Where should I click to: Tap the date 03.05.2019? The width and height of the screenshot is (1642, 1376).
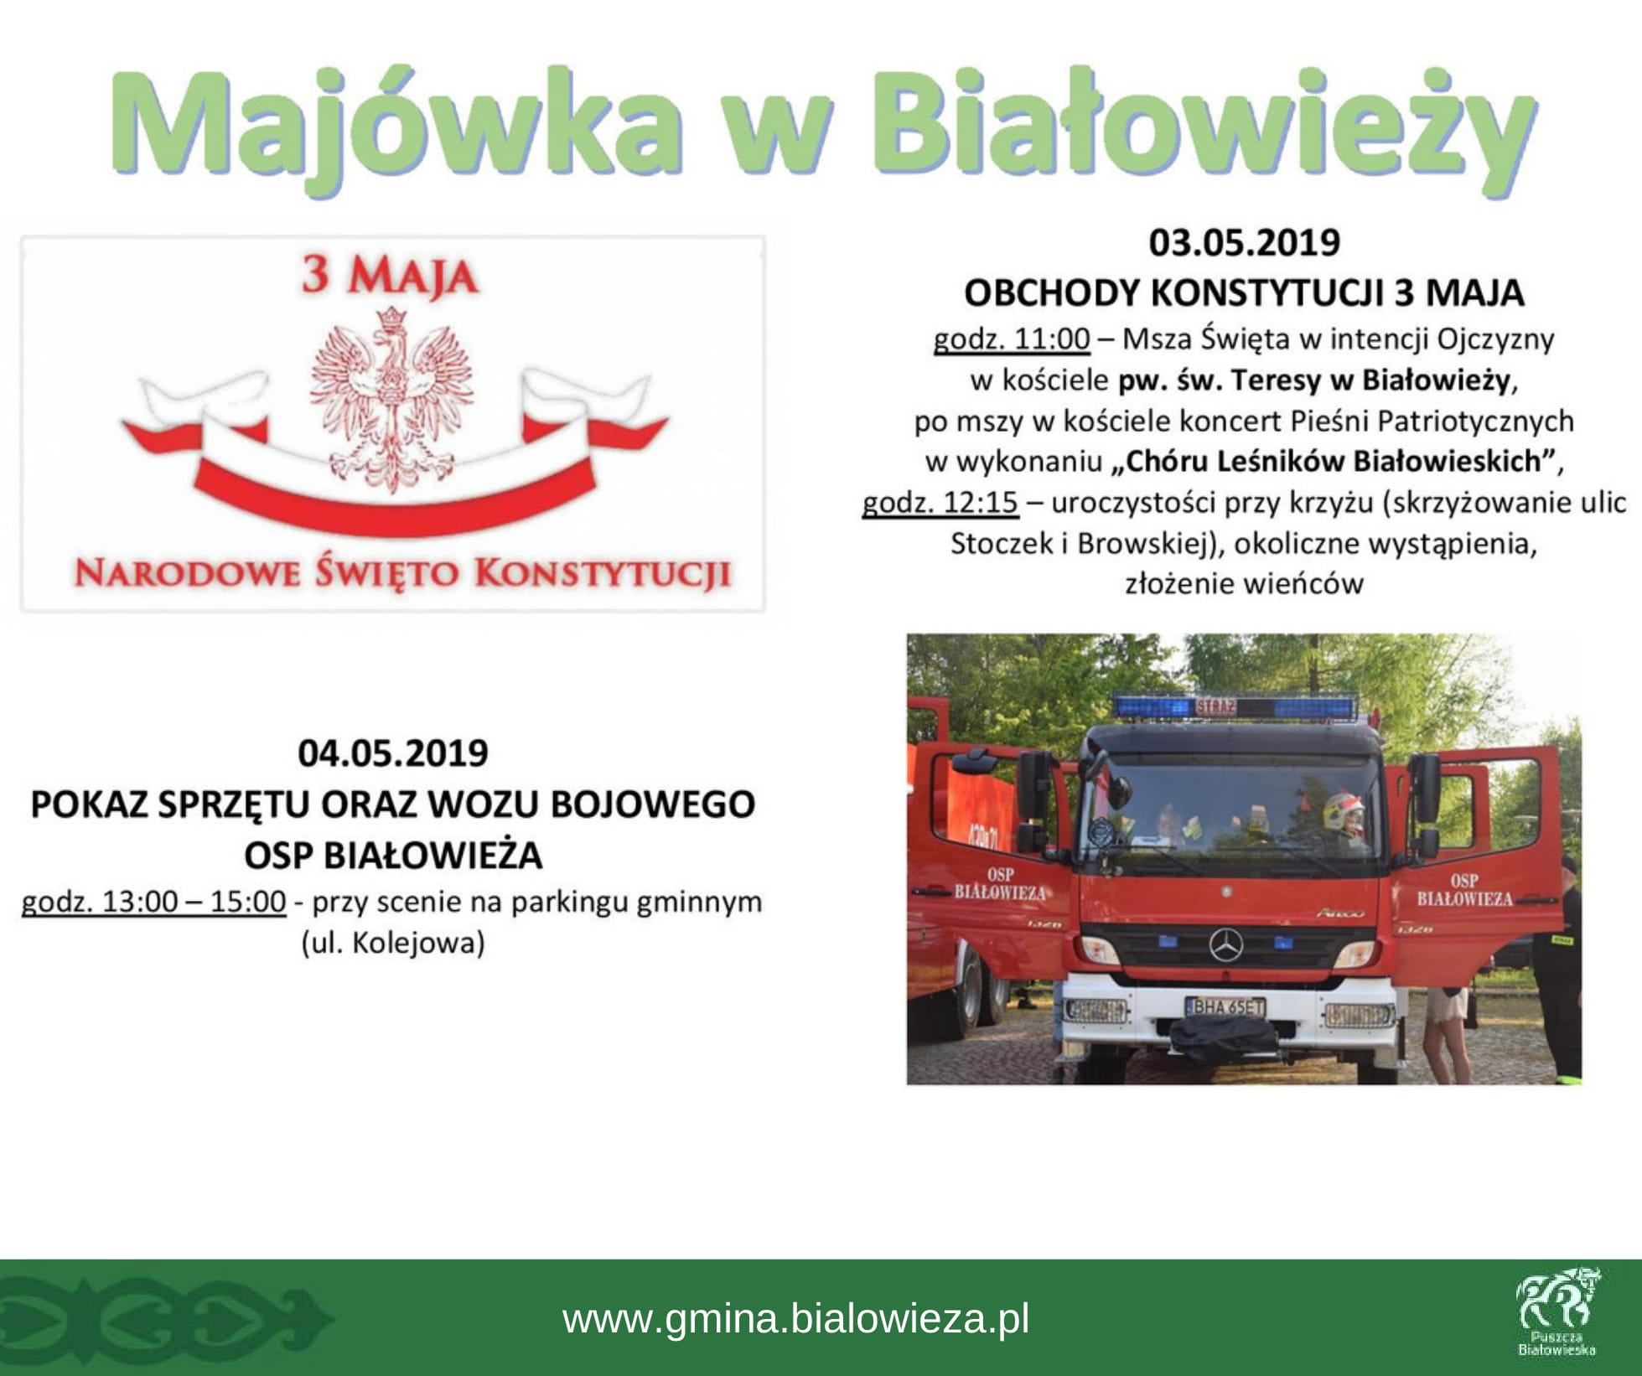point(1244,242)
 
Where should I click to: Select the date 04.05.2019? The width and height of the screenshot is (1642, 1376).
point(393,753)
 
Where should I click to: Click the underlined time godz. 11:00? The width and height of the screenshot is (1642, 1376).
point(1012,339)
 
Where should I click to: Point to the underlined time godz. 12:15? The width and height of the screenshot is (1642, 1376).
point(940,503)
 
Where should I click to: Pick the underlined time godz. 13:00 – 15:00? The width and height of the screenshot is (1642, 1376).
point(153,902)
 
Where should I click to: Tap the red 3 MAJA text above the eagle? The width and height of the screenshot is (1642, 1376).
point(390,276)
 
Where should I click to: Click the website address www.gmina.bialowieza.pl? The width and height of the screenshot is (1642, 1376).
point(795,1318)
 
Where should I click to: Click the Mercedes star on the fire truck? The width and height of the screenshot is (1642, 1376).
point(1226,945)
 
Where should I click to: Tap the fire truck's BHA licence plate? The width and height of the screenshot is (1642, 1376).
point(1225,1006)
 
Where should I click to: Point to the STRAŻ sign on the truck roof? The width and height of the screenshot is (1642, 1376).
point(1215,706)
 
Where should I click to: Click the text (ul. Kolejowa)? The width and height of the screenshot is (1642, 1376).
point(393,944)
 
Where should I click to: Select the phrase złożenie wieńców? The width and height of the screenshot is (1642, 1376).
point(1244,583)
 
